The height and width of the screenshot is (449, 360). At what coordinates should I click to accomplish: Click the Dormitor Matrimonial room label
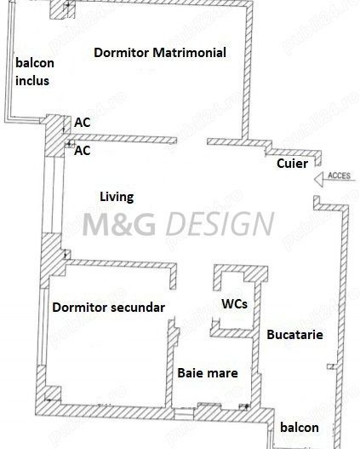click(160, 53)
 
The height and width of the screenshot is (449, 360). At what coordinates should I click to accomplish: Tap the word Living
click(117, 198)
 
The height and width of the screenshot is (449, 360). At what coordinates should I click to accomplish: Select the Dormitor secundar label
click(109, 308)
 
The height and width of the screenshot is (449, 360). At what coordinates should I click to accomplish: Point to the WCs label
click(235, 304)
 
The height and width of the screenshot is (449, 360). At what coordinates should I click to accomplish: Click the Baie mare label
click(208, 373)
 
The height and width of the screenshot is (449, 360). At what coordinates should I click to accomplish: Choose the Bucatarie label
click(294, 335)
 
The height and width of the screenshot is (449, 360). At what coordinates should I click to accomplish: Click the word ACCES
click(339, 176)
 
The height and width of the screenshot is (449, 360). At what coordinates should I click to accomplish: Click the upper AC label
click(83, 123)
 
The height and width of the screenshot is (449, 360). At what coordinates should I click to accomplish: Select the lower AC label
click(83, 150)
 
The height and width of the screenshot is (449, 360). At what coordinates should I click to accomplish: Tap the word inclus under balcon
click(32, 81)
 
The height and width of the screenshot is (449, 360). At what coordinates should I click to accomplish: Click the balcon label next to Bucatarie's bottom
click(300, 428)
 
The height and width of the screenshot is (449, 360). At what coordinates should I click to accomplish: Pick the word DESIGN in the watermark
click(220, 223)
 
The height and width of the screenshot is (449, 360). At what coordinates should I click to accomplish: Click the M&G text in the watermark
click(119, 223)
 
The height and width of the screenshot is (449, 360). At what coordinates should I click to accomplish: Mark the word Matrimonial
click(189, 53)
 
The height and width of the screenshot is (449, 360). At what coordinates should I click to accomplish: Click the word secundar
click(138, 308)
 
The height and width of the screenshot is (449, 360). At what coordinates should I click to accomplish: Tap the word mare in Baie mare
click(223, 373)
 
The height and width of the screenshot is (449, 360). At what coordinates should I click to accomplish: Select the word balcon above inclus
click(35, 63)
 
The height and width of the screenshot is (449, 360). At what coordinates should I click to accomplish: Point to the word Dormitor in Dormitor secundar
click(80, 308)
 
